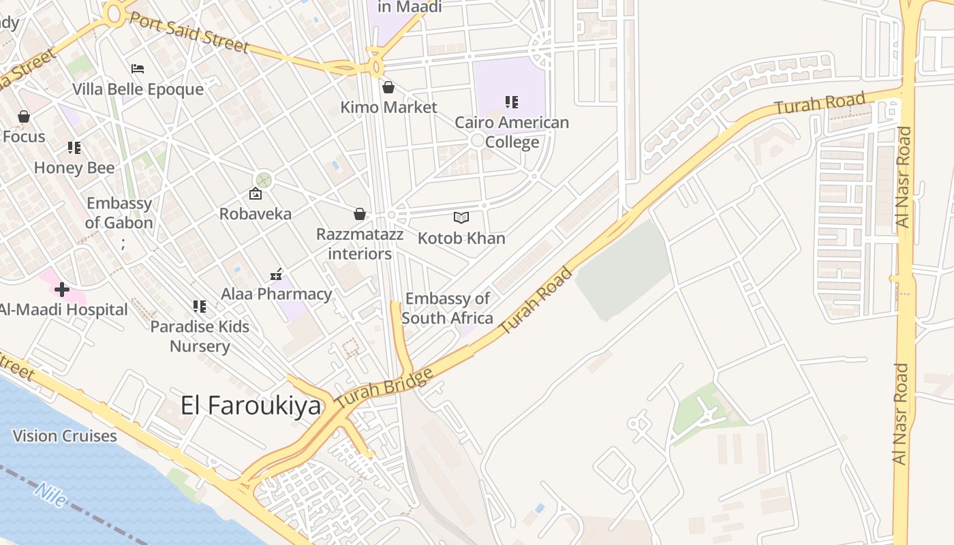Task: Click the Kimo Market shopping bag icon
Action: [388, 87]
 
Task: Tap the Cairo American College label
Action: [512, 132]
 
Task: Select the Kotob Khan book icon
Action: [461, 217]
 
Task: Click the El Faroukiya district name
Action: [250, 405]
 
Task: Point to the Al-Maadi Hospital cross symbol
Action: [62, 290]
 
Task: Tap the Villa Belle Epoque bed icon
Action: [138, 69]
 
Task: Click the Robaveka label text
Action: [255, 213]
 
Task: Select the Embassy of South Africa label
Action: [447, 308]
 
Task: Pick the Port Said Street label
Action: [188, 32]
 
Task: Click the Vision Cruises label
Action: [65, 436]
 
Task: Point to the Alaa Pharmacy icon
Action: [276, 275]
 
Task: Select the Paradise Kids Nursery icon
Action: [199, 307]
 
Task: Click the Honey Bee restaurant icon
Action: [74, 148]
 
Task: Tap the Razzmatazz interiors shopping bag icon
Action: [360, 215]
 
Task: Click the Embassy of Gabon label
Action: [119, 213]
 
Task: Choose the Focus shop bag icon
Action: [24, 116]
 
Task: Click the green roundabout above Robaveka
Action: [263, 180]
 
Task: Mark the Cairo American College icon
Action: [512, 102]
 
